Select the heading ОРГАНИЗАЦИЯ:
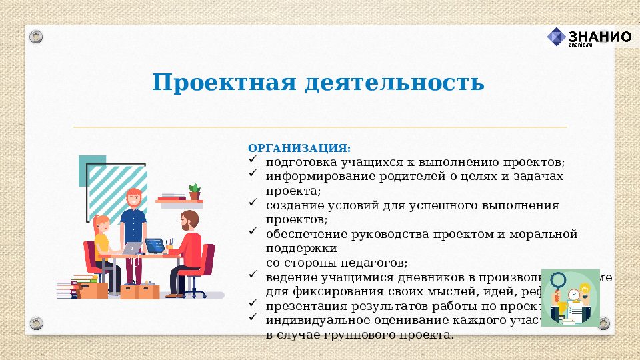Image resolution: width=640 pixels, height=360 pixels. [x=299, y=148]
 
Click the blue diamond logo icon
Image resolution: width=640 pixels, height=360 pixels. [x=556, y=37]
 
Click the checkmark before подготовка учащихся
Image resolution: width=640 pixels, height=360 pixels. [x=253, y=160]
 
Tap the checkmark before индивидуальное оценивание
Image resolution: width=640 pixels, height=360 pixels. [x=253, y=318]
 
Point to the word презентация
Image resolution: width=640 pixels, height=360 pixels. [x=306, y=306]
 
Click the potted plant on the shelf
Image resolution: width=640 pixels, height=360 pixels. [x=194, y=191]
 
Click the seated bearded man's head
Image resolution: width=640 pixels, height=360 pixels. [x=189, y=219]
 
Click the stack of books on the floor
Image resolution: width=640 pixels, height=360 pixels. [x=67, y=287]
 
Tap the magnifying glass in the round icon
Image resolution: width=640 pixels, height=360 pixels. [x=559, y=281]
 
